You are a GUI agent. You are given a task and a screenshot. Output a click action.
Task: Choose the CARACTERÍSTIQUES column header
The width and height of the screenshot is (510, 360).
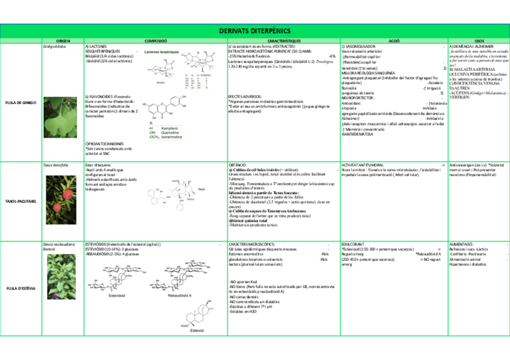282,40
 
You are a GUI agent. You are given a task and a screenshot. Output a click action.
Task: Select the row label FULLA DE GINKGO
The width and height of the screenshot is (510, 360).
21,102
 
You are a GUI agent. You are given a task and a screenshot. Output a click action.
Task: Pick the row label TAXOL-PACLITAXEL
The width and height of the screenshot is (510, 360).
21,201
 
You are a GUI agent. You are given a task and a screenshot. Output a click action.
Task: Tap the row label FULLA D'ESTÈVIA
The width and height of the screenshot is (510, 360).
21,288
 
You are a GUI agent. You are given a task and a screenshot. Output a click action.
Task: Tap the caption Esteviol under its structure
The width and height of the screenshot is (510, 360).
197,331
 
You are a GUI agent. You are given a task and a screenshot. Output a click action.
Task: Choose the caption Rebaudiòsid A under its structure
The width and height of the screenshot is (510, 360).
180,296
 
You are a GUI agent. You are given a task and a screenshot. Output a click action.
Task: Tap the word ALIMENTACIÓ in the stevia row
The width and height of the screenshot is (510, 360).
461,245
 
